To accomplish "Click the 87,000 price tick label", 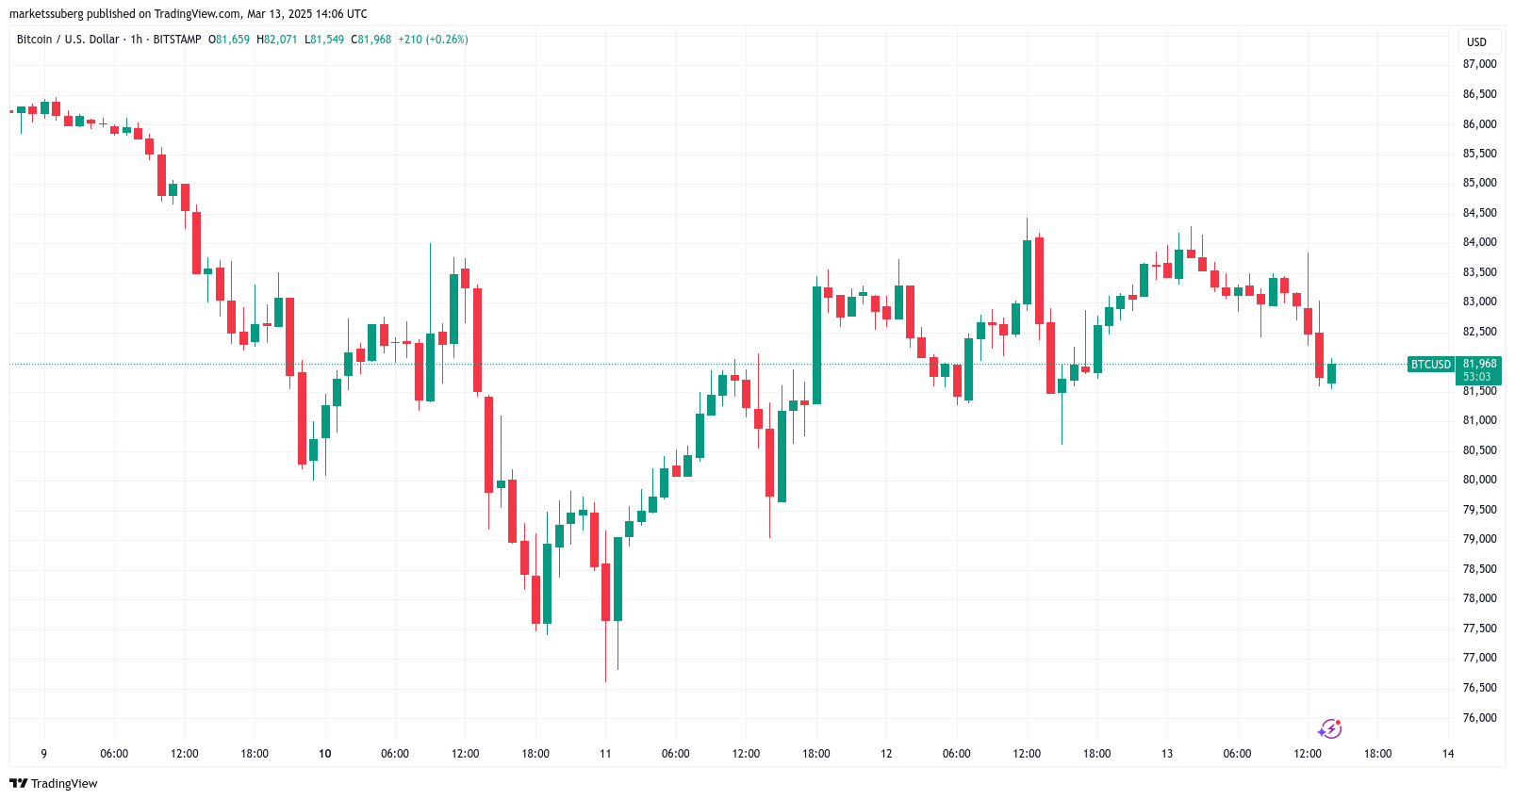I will click(1479, 64).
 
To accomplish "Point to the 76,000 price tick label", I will click(1479, 718).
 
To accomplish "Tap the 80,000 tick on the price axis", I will click(1479, 480).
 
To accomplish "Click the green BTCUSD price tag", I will click(1430, 365).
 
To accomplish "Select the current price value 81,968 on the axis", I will click(1479, 364).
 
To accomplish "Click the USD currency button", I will click(1476, 41).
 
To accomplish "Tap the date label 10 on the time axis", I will click(325, 754).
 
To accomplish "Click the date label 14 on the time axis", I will click(1448, 754).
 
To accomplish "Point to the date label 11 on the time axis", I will click(605, 754).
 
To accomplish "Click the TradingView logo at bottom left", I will click(54, 784).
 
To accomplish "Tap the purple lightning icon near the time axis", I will click(1329, 728).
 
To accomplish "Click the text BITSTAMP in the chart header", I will click(177, 40).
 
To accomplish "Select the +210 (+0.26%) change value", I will click(433, 40).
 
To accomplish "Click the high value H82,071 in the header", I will click(277, 40).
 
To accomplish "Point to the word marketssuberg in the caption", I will click(46, 14).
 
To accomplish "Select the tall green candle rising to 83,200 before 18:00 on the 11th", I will click(816, 345).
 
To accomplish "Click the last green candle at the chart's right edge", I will click(1331, 373).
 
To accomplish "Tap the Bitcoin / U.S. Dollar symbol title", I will click(68, 40).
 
